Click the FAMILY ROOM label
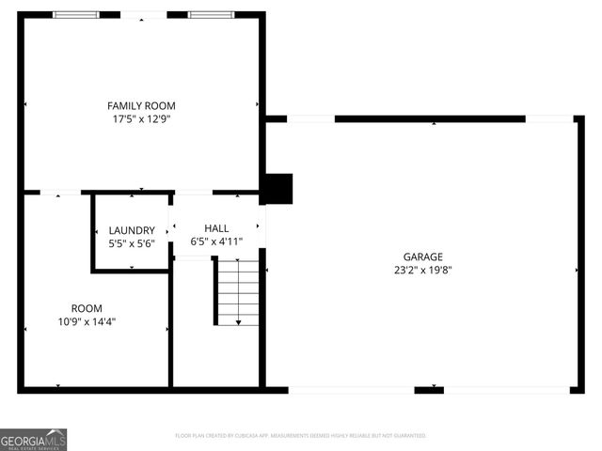click(141, 106)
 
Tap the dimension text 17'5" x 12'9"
click(141, 119)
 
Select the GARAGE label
click(423, 257)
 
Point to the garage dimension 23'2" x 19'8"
click(423, 270)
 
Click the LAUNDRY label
click(132, 230)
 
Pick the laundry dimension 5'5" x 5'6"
click(132, 243)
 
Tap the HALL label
click(216, 228)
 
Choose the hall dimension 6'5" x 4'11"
click(216, 241)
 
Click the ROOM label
click(87, 308)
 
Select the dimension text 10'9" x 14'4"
click(87, 321)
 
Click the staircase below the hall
click(238, 292)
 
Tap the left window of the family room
click(75, 15)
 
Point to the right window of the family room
click(213, 15)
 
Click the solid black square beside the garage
click(279, 189)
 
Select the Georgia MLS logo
click(34, 439)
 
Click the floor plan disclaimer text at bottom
click(301, 436)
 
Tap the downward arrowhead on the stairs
click(238, 322)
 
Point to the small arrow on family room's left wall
click(25, 103)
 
